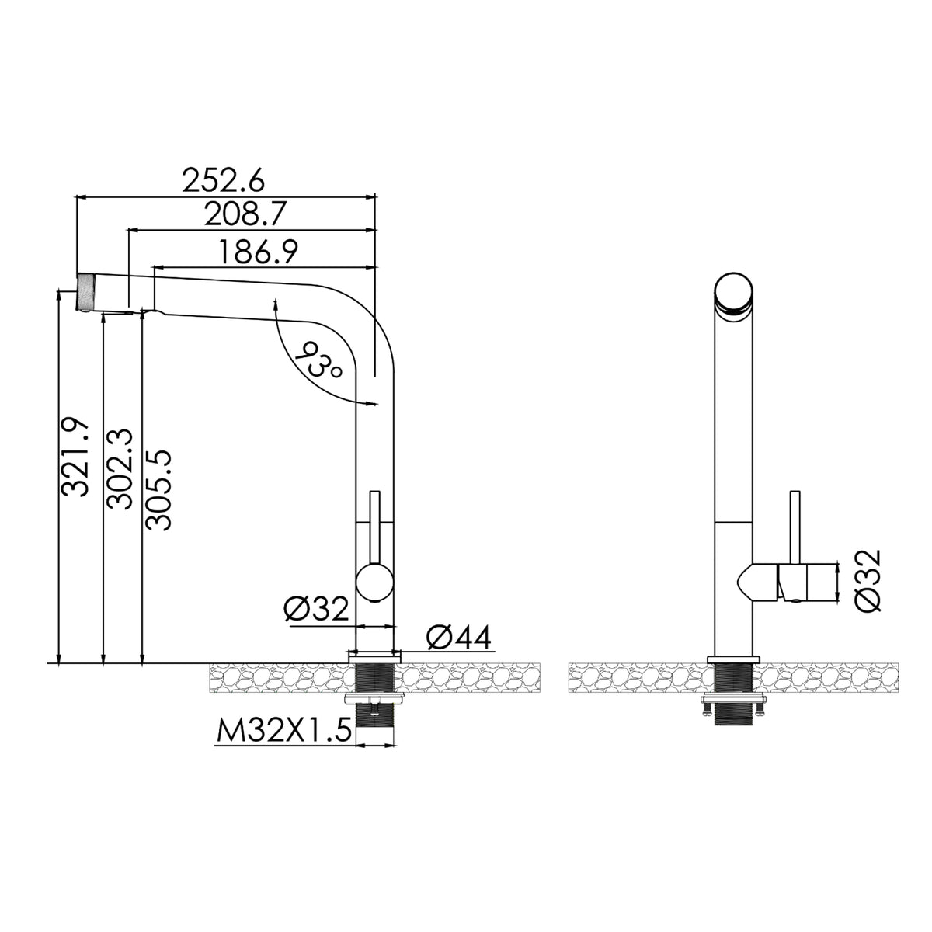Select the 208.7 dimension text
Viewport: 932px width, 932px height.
point(245,214)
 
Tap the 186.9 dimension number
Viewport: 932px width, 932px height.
point(259,252)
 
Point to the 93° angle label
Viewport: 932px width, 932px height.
point(318,361)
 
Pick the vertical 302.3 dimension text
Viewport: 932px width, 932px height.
point(120,469)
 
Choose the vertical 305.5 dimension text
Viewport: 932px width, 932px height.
point(158,490)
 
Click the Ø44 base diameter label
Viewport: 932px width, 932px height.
point(459,637)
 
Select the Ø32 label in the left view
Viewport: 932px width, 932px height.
point(316,608)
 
